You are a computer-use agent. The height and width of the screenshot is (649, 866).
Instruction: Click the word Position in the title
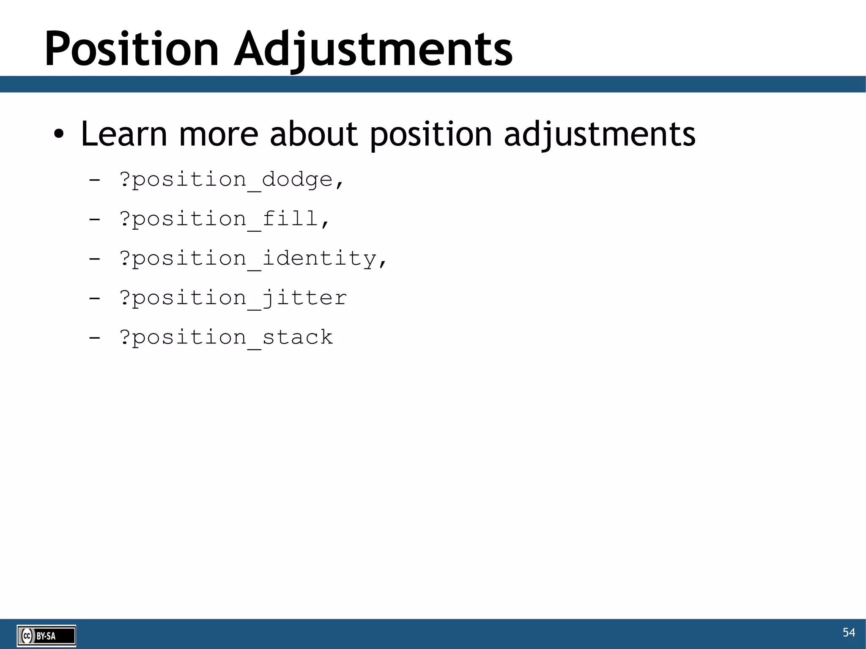pyautogui.click(x=132, y=49)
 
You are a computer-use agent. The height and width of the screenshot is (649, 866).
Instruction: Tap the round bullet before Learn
pyautogui.click(x=59, y=134)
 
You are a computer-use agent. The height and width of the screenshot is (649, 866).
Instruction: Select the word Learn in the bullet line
pyautogui.click(x=124, y=134)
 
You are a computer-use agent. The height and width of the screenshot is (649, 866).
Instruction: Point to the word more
pyautogui.click(x=218, y=134)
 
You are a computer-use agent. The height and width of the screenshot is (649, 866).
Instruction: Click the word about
pyautogui.click(x=314, y=134)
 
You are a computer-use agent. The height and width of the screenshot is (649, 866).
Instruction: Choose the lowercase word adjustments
pyautogui.click(x=600, y=134)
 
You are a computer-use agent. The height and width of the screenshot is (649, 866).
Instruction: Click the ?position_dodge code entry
pyautogui.click(x=232, y=180)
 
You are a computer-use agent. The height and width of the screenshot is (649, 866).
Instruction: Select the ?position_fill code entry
pyautogui.click(x=224, y=219)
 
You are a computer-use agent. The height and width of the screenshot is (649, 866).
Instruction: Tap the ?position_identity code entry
pyautogui.click(x=253, y=259)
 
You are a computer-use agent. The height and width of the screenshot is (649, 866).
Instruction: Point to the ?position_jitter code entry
pyautogui.click(x=233, y=298)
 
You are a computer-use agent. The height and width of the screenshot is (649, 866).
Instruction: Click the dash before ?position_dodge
pyautogui.click(x=95, y=180)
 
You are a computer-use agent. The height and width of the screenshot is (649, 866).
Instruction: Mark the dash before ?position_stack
pyautogui.click(x=95, y=337)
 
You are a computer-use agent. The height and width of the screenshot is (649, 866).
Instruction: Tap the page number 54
pyautogui.click(x=849, y=633)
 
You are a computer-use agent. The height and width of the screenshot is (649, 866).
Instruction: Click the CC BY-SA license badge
pyautogui.click(x=47, y=635)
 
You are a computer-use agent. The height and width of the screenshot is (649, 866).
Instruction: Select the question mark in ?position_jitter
pyautogui.click(x=125, y=297)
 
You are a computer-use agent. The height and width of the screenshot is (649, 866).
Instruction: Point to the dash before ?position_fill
pyautogui.click(x=95, y=219)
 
